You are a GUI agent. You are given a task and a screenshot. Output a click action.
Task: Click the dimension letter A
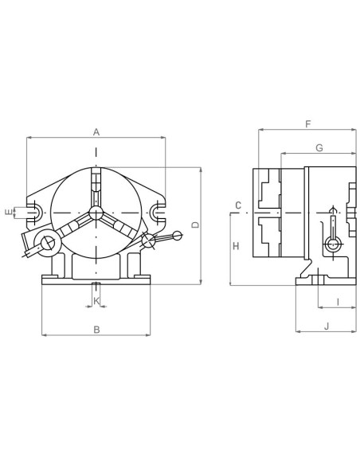click(96, 131)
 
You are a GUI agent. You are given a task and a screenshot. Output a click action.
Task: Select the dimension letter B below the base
click(96, 329)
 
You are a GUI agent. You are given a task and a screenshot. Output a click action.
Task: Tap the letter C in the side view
click(238, 206)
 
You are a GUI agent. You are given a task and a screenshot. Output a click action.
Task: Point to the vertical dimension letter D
click(195, 225)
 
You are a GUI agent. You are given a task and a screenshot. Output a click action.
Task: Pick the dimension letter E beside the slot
click(8, 212)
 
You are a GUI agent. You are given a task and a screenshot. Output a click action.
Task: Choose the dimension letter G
click(319, 147)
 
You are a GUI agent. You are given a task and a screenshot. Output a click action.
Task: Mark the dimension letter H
click(236, 247)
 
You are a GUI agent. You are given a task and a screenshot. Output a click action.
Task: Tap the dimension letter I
click(337, 301)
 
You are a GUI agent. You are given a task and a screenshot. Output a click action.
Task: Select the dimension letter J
click(326, 326)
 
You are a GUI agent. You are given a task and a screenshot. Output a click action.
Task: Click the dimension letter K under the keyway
click(96, 300)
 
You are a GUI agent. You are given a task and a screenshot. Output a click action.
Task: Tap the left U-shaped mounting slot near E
click(33, 212)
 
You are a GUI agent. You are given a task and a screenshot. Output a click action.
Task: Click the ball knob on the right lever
click(177, 235)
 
